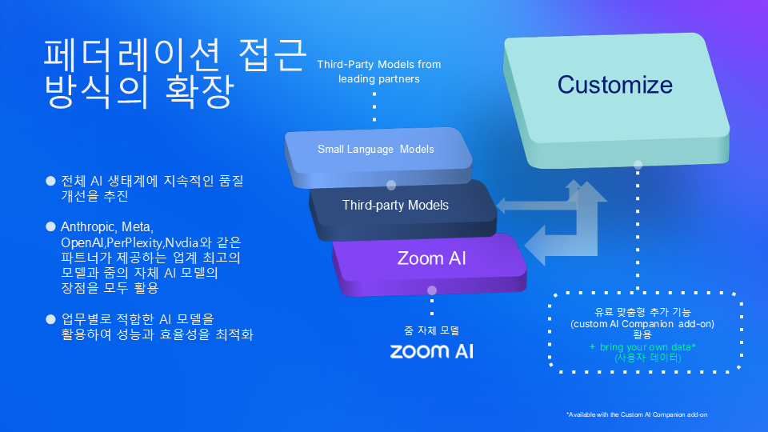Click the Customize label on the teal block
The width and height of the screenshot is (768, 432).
614,85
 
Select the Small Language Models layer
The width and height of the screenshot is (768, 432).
375,150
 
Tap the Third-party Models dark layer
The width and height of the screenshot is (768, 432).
395,206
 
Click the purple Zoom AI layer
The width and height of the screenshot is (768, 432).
431,258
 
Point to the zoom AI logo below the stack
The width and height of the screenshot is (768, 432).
431,350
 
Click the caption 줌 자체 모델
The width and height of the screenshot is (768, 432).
431,330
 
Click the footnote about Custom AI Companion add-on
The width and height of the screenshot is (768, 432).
636,414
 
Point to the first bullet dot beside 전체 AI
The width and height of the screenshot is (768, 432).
50,181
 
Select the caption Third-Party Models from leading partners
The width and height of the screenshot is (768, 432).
378,71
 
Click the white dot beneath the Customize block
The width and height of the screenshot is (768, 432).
638,166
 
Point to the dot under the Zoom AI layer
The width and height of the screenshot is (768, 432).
432,291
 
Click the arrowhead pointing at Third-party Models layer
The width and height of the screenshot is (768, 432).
502,206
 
